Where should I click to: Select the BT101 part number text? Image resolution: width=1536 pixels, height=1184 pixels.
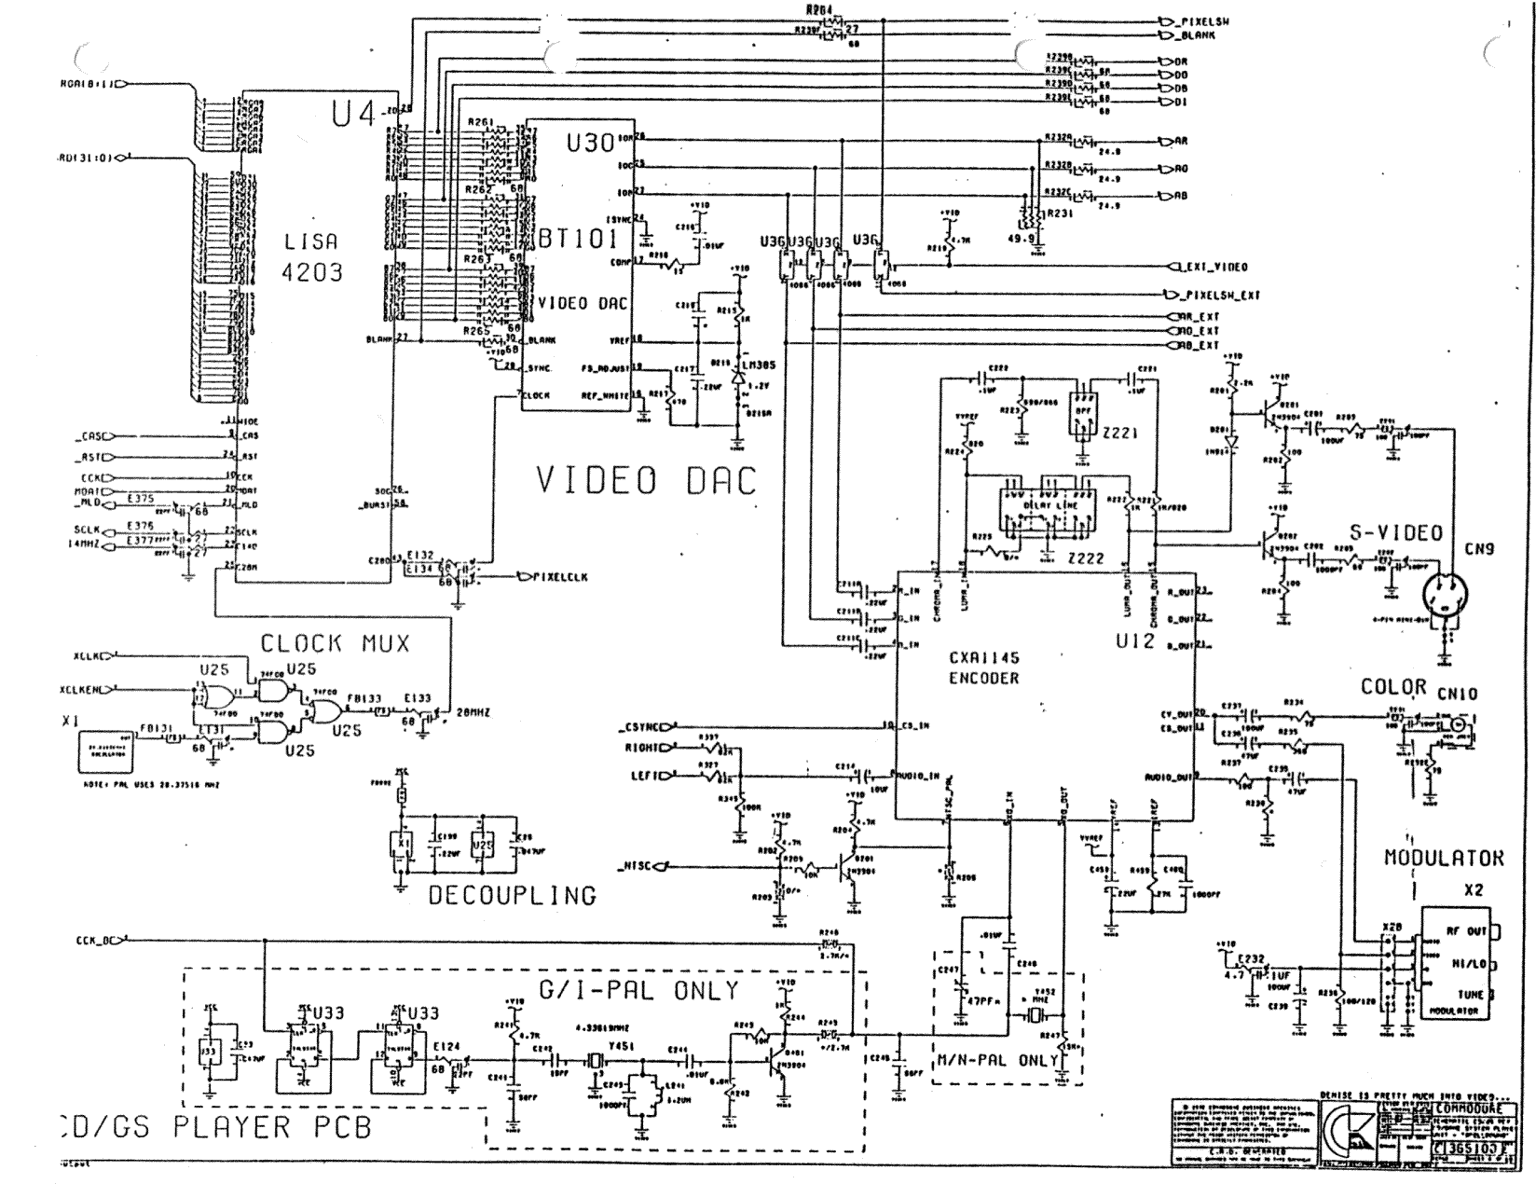coord(578,239)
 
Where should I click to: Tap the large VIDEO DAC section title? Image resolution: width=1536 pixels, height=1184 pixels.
coord(646,481)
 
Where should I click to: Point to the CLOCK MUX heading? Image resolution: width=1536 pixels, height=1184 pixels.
coord(335,643)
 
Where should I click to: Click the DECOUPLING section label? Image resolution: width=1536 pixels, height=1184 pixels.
coord(512,896)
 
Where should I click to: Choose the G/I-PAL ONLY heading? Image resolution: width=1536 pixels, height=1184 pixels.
coord(639,989)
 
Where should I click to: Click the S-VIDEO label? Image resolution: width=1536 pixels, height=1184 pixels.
coord(1395,533)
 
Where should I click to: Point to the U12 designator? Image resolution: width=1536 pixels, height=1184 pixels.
coord(1134,641)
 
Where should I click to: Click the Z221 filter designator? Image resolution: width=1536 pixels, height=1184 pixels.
coord(1118,433)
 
